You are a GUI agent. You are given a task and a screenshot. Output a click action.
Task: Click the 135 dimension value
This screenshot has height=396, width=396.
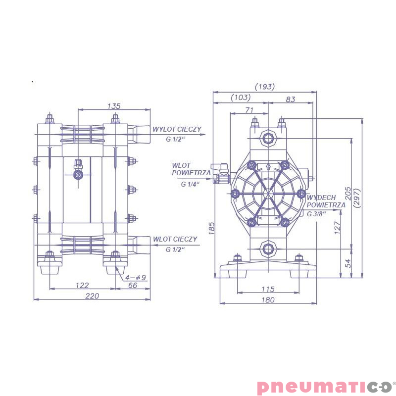click(114, 106)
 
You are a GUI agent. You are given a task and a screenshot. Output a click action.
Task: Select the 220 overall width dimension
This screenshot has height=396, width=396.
click(92, 296)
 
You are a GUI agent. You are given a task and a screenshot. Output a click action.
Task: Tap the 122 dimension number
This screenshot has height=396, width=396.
click(82, 285)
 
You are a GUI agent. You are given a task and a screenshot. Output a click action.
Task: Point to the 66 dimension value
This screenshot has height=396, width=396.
click(133, 285)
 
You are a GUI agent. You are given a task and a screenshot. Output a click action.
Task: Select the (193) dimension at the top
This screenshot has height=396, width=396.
click(265, 87)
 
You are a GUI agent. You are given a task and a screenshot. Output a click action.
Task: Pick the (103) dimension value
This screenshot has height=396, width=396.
click(241, 99)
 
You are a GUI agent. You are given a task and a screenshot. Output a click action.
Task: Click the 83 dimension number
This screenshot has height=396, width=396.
click(291, 99)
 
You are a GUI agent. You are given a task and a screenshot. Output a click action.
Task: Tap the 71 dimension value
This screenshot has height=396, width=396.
click(249, 109)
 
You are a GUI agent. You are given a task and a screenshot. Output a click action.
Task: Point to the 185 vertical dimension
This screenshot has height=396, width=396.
click(212, 228)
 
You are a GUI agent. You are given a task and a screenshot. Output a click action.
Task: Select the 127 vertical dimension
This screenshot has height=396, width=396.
click(338, 228)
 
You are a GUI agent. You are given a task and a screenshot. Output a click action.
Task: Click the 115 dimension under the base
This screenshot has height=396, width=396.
click(268, 289)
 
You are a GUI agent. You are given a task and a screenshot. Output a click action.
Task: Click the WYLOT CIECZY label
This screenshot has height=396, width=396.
click(177, 129)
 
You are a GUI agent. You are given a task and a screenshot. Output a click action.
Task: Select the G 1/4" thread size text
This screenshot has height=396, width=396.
click(190, 184)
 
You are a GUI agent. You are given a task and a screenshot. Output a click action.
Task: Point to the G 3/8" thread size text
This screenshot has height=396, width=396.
click(316, 214)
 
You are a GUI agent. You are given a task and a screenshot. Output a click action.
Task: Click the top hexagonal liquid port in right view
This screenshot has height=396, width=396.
click(268, 137)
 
